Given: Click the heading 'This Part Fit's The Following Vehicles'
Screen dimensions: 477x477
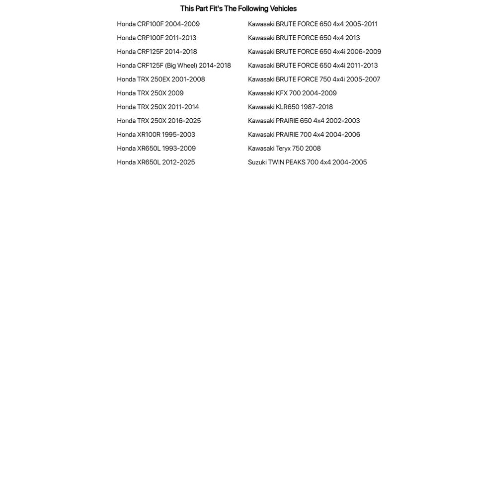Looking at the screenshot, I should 238,8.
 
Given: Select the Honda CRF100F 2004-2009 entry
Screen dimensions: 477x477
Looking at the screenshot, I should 158,24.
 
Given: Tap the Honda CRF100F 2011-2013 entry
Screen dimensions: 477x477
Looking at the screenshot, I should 157,38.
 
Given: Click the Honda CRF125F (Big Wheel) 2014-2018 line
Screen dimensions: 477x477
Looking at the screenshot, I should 174,66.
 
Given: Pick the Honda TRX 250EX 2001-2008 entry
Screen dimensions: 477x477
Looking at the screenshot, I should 160,79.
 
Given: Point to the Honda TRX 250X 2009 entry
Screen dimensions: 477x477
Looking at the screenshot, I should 150,93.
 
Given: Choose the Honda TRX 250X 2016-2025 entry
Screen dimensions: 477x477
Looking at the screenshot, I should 159,121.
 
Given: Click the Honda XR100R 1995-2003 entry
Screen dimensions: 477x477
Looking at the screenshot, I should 156,135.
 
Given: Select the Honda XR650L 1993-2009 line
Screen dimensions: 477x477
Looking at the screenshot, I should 156,149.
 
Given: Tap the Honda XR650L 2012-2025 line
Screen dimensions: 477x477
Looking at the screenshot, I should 156,162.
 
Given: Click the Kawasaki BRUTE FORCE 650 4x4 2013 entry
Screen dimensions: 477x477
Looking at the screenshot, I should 304,38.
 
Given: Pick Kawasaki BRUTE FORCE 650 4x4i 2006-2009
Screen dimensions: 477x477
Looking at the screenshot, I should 315,52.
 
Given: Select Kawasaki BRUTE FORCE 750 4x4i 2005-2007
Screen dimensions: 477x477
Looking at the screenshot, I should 314,79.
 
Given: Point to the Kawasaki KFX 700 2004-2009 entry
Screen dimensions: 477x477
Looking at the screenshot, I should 292,93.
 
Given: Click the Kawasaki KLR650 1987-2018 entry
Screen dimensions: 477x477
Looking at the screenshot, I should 290,107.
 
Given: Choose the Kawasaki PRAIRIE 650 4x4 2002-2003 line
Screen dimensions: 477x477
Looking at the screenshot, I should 304,121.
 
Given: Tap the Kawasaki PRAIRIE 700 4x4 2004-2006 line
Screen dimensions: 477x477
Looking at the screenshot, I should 304,135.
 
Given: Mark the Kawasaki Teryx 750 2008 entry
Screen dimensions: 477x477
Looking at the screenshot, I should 284,149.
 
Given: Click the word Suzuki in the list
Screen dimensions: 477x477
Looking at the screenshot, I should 257,162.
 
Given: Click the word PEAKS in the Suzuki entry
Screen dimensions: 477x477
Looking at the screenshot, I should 295,162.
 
